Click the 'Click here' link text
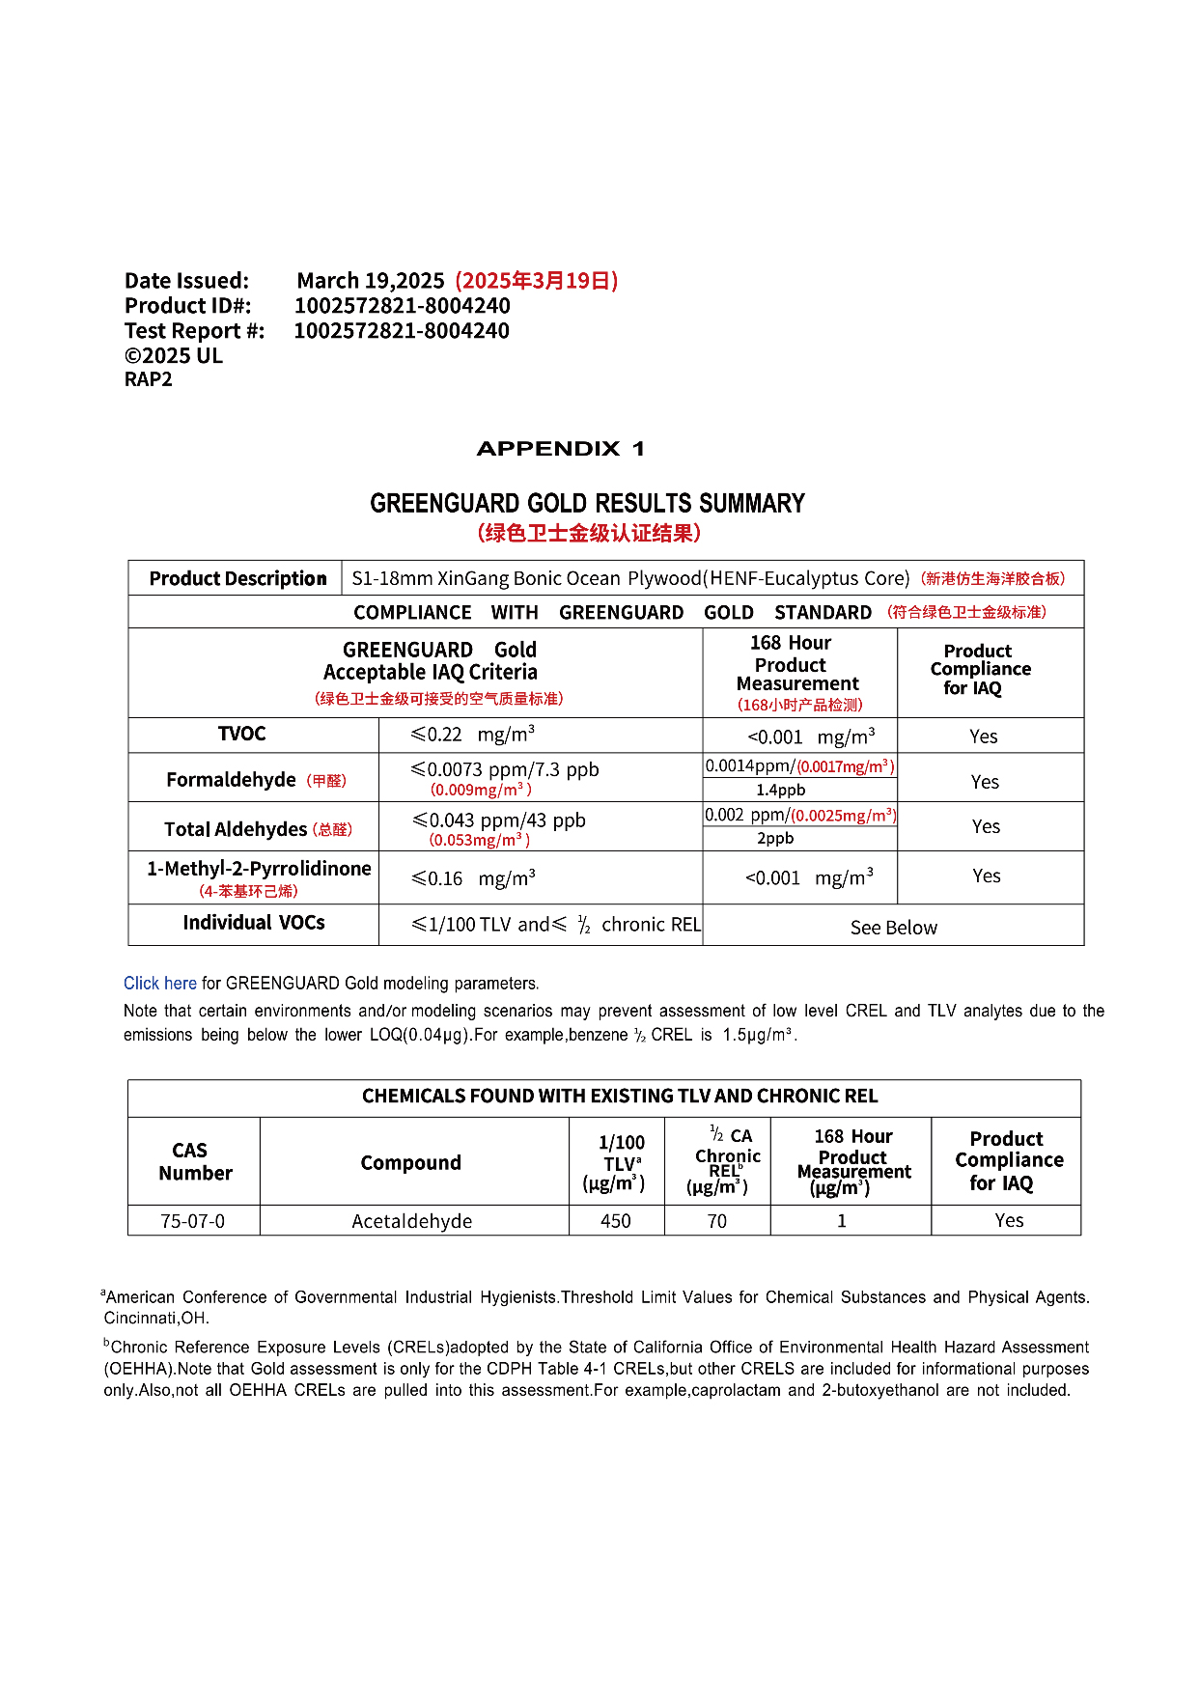[x=159, y=984]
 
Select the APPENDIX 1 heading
[x=560, y=449]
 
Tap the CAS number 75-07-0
[x=192, y=1221]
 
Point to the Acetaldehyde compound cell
[x=412, y=1221]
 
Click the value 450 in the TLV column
[x=616, y=1221]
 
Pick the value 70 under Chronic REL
[x=716, y=1221]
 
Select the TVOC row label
[x=241, y=735]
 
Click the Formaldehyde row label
[x=232, y=780]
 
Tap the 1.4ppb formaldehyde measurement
[x=780, y=790]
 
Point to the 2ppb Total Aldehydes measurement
[x=775, y=838]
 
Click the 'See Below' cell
[x=893, y=928]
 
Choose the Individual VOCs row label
[x=254, y=923]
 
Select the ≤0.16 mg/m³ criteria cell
[x=473, y=878]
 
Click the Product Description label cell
[x=237, y=578]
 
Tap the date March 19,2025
[x=371, y=281]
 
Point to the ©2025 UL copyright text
[x=174, y=355]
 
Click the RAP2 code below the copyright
[x=149, y=379]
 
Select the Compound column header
[x=410, y=1163]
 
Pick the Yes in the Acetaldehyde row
[x=1009, y=1221]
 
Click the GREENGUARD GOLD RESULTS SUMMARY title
[x=587, y=503]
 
